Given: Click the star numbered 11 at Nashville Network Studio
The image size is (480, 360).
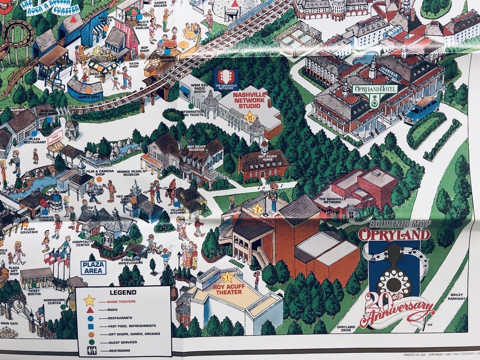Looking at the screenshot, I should pos(250,117).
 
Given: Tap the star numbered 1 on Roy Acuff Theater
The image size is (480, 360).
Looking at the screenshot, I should pos(227,276).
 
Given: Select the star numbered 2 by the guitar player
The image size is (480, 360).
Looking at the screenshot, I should pos(257,208).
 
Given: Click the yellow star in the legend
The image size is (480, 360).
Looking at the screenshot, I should pos(89,301).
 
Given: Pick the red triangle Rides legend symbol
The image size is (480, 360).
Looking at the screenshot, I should pos(90,310).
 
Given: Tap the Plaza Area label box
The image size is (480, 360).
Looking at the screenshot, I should pos(93,268).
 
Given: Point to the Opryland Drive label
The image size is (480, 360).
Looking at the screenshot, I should pos(346,329).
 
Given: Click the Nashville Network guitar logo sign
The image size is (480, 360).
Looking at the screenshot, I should pos(226,79).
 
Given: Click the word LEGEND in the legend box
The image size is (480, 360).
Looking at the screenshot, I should pos(123,292).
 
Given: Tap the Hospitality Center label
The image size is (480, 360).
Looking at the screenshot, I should pos(83,244).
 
